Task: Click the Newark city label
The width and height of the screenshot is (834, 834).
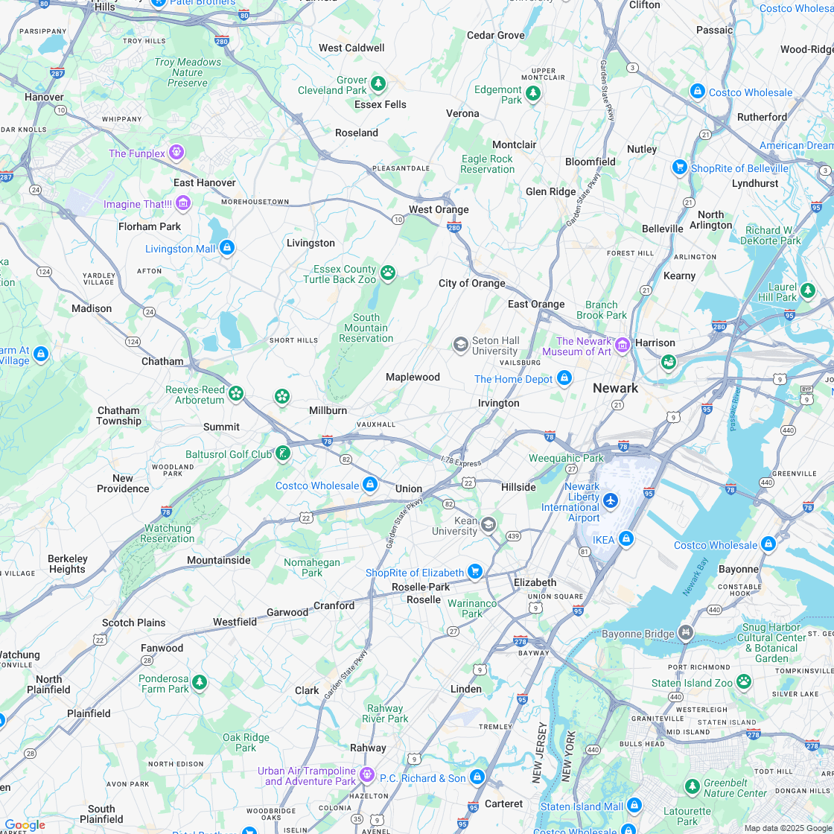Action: pyautogui.click(x=615, y=388)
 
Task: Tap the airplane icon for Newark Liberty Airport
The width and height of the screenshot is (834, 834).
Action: pyautogui.click(x=611, y=499)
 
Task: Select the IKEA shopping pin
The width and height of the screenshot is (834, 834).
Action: pyautogui.click(x=625, y=538)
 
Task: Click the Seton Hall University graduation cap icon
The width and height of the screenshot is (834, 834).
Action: pyautogui.click(x=461, y=344)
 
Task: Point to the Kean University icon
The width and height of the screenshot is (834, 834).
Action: pyautogui.click(x=488, y=524)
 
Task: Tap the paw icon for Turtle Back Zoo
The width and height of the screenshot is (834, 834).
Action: pyautogui.click(x=388, y=273)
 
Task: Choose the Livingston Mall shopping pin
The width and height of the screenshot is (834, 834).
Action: pyautogui.click(x=227, y=247)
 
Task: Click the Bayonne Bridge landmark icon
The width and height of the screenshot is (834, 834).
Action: pyautogui.click(x=685, y=633)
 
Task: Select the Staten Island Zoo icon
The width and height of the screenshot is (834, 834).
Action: pyautogui.click(x=743, y=681)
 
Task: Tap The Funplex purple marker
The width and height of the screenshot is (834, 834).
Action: pyautogui.click(x=176, y=153)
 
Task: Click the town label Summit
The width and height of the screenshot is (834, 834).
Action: pyautogui.click(x=221, y=427)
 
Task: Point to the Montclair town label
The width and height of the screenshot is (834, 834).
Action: pyautogui.click(x=514, y=144)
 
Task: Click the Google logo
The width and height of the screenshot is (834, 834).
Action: pyautogui.click(x=25, y=825)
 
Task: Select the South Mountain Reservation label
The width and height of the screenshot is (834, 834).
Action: pyautogui.click(x=366, y=328)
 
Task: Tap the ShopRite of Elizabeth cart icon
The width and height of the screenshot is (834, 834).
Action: pyautogui.click(x=475, y=571)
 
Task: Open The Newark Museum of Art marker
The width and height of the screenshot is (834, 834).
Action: pyautogui.click(x=622, y=345)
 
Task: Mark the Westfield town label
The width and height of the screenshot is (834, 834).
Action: pyautogui.click(x=235, y=622)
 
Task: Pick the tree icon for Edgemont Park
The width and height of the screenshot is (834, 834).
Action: pyautogui.click(x=532, y=93)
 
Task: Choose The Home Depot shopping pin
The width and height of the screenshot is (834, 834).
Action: pyautogui.click(x=564, y=378)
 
